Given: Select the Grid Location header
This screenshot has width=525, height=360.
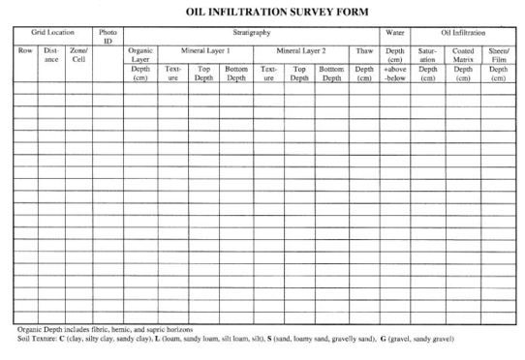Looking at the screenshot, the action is pyautogui.click(x=51, y=33).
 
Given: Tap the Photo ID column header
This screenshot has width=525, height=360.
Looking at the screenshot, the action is pyautogui.click(x=108, y=37).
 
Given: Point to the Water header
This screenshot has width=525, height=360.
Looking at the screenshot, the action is pyautogui.click(x=394, y=33).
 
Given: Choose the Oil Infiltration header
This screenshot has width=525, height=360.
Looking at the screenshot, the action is pyautogui.click(x=463, y=33).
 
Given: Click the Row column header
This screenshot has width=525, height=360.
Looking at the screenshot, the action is pyautogui.click(x=24, y=50).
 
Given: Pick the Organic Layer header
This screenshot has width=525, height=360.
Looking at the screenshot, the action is pyautogui.click(x=140, y=54).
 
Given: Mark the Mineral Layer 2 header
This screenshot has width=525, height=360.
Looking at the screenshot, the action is pyautogui.click(x=301, y=49).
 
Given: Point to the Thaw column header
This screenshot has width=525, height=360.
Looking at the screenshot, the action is pyautogui.click(x=363, y=49).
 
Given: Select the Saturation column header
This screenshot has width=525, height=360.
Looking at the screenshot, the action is pyautogui.click(x=427, y=54).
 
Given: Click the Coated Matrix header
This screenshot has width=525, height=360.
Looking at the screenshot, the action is pyautogui.click(x=463, y=54).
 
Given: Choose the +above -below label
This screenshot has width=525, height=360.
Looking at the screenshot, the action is pyautogui.click(x=394, y=75).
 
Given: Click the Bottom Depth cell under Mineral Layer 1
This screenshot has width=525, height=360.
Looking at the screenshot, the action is pyautogui.click(x=235, y=75).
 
